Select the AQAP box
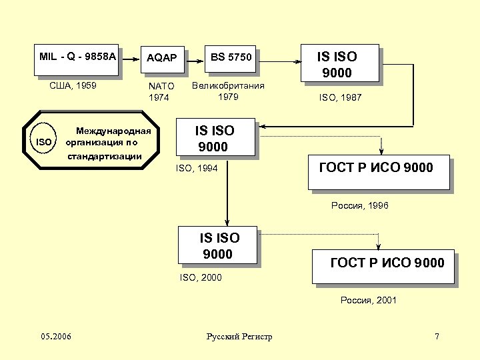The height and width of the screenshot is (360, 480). pos(162,59)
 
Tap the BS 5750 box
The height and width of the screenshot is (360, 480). pos(231,59)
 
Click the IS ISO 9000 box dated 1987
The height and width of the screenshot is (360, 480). pos(337,64)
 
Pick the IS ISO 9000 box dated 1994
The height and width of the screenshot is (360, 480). pos(215,138)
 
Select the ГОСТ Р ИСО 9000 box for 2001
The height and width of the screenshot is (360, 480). pos(387,264)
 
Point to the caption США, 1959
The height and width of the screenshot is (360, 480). pos(73,86)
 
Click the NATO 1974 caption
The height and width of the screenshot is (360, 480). pos(161,92)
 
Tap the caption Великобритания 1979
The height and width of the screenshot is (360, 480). pos(228,91)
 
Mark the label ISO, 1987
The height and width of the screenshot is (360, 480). pos(340,97)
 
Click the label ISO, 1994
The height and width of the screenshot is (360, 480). pos(197,169)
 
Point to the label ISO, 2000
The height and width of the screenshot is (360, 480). pos(201,277)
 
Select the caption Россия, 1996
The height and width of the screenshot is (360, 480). pos(359,205)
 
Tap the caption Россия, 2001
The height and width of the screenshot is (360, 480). pos(369,300)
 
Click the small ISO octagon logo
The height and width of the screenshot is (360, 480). pos(44,142)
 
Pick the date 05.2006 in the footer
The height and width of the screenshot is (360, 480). pos(56,337)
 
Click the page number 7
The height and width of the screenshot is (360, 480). pos(437,337)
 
